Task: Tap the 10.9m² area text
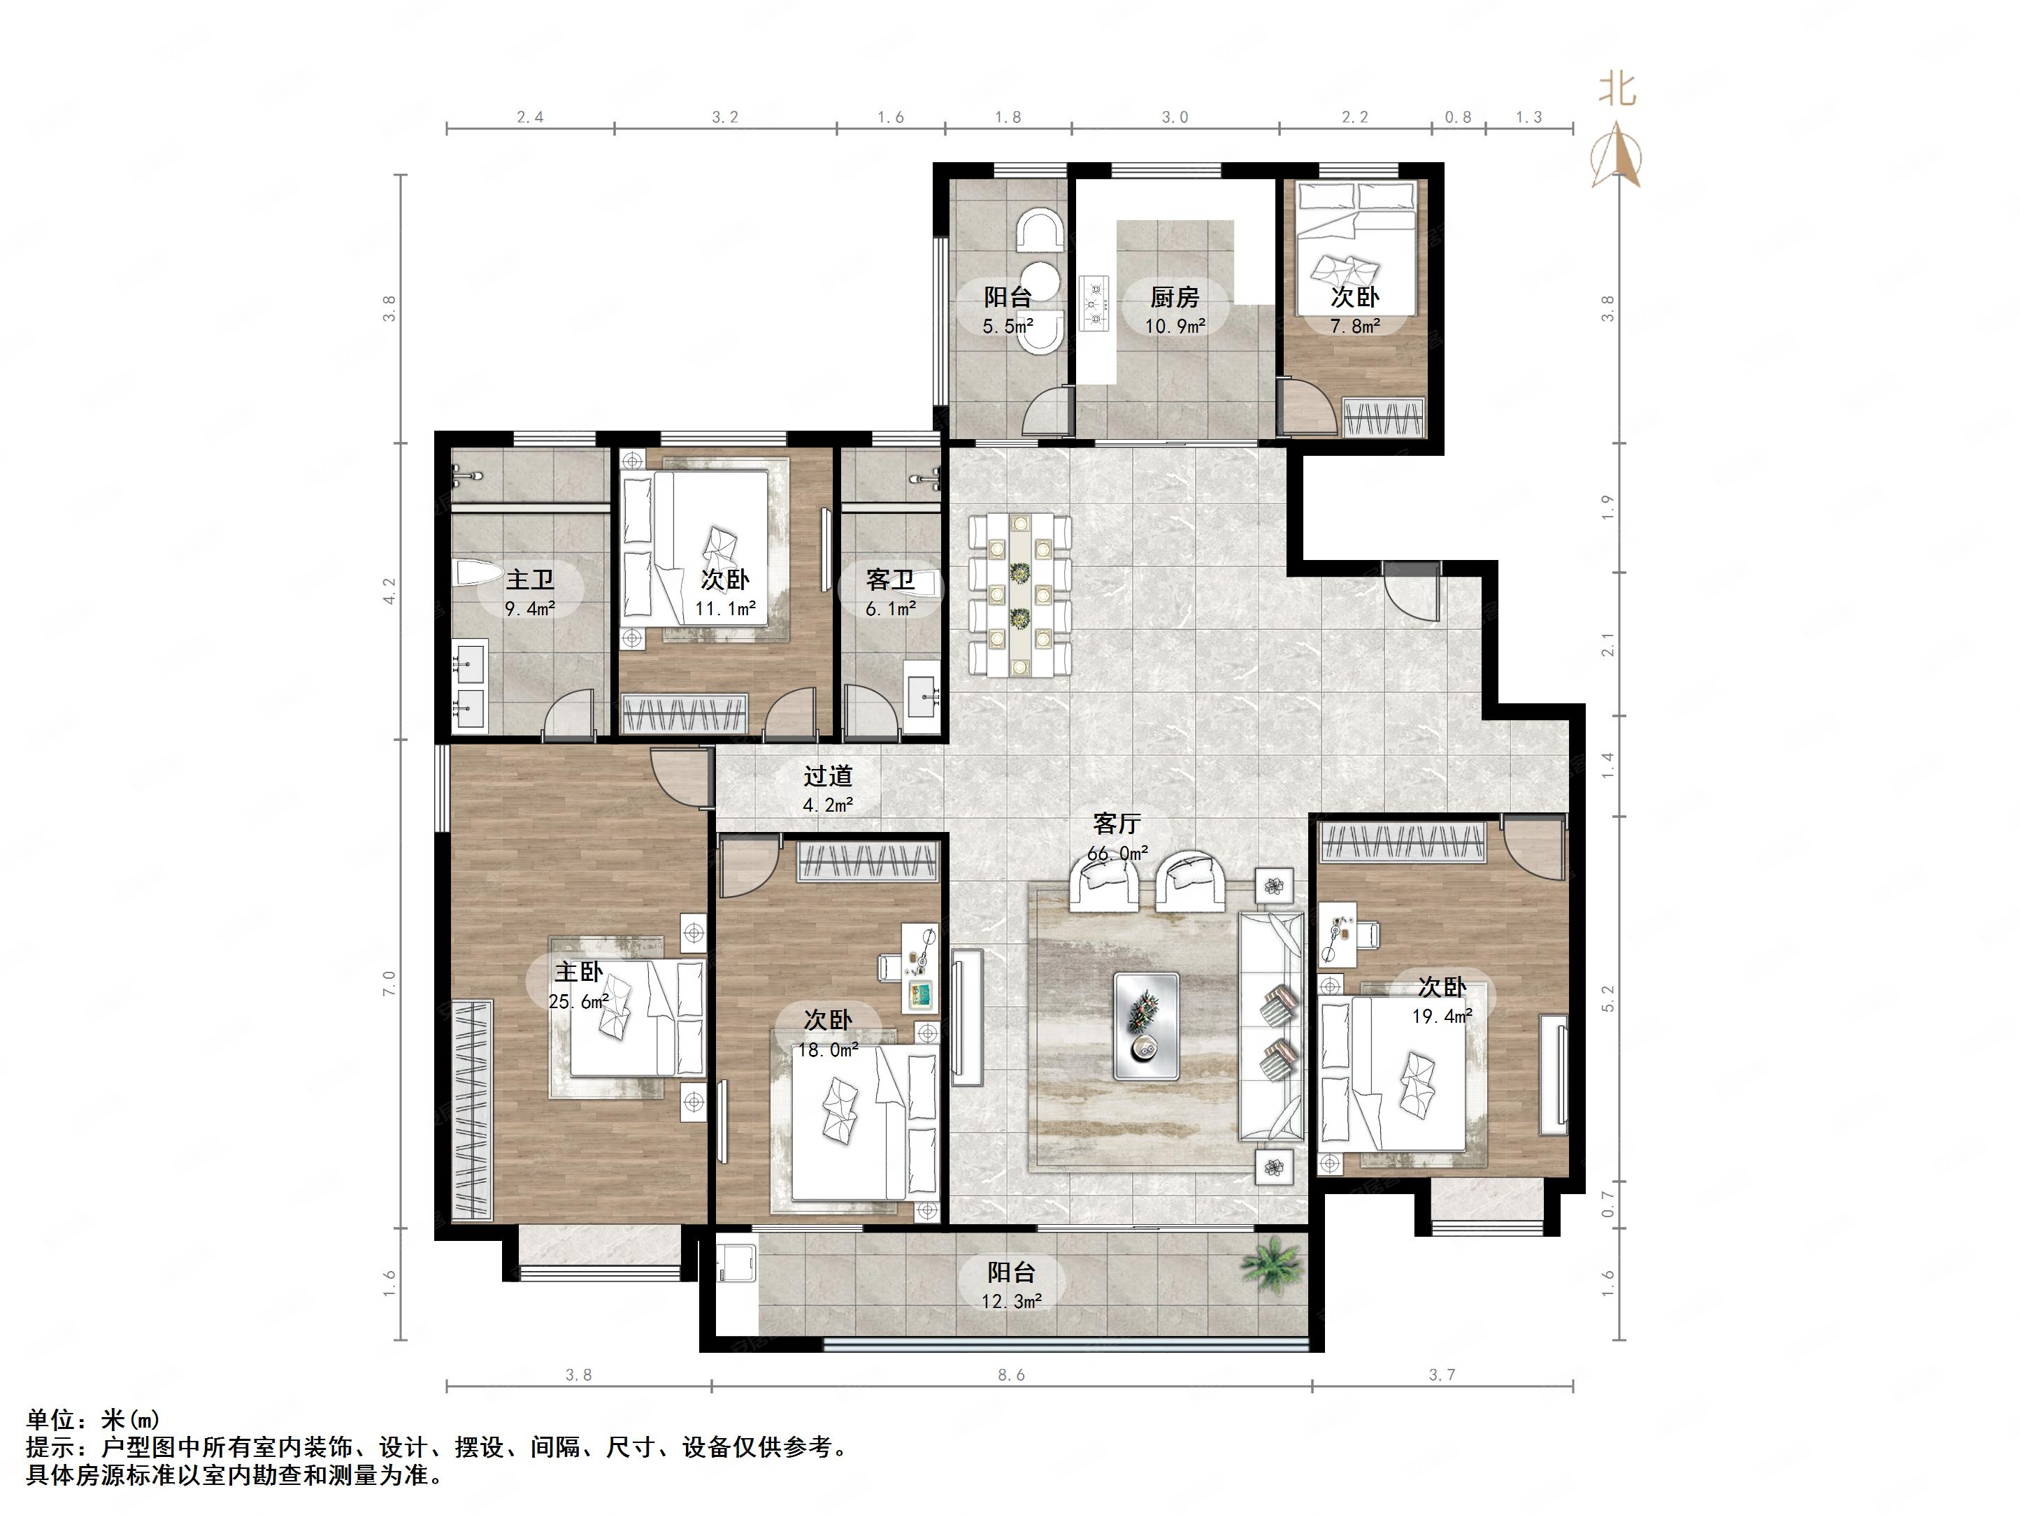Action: click(x=1175, y=326)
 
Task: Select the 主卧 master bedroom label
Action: click(x=578, y=972)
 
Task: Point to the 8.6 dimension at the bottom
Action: click(x=1011, y=1374)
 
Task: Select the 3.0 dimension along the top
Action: click(x=1175, y=117)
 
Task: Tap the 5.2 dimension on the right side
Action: click(x=1608, y=998)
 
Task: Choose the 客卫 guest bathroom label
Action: click(x=889, y=579)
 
